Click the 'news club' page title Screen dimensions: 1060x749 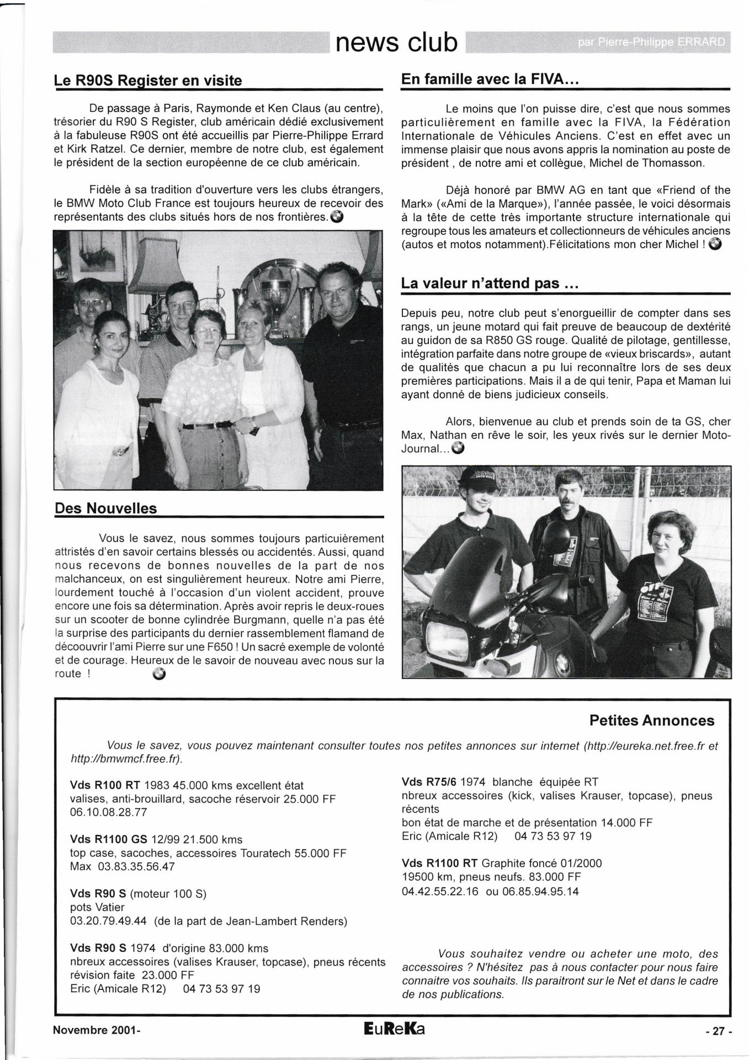tap(397, 42)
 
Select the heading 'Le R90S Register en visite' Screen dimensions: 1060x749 tap(148, 81)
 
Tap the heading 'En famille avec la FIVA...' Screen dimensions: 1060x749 tap(490, 79)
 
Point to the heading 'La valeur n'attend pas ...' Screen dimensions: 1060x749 tap(490, 284)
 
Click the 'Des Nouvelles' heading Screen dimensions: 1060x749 tap(106, 508)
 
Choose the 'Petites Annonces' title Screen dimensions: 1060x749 tap(651, 720)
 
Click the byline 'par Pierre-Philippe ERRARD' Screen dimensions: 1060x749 tap(652, 43)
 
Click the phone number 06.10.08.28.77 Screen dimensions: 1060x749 tap(109, 812)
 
